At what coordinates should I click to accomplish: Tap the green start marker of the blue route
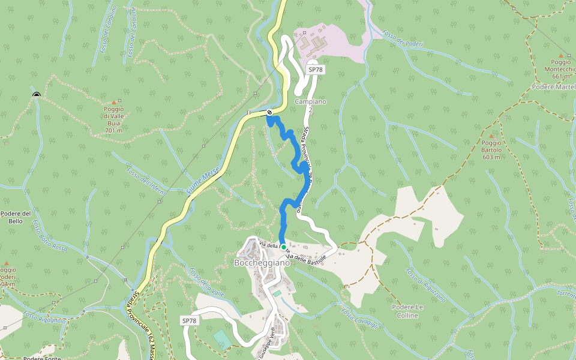coord(283,247)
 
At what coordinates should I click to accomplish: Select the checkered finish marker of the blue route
coord(270,112)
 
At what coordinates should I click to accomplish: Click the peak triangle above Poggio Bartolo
coord(492,136)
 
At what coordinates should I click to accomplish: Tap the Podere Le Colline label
coord(407,311)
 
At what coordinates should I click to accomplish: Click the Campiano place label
coord(310,101)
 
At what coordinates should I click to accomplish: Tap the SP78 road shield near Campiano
coord(316,70)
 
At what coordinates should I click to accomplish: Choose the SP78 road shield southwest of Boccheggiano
coord(189,321)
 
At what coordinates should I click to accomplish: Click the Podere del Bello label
coord(16,217)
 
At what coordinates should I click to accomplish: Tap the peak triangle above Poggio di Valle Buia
coord(114,103)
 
